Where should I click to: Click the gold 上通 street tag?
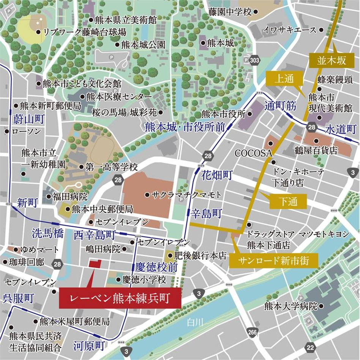284,79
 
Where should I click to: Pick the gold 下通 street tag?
288,202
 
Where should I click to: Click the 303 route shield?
253,60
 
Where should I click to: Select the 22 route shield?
311,347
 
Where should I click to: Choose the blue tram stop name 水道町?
342,129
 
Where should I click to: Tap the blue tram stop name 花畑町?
216,175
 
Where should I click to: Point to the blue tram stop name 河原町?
89,345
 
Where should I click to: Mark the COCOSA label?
254,153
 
